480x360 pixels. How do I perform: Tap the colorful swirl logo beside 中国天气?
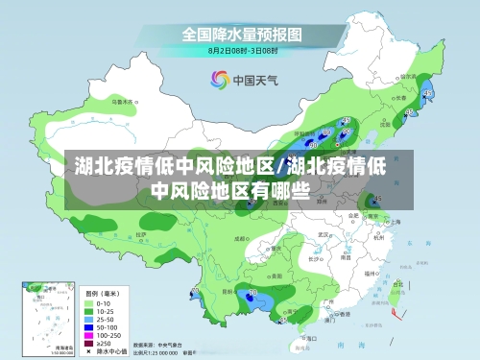[218, 80]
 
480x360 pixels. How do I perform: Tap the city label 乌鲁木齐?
[120, 99]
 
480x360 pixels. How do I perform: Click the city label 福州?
[375, 267]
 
